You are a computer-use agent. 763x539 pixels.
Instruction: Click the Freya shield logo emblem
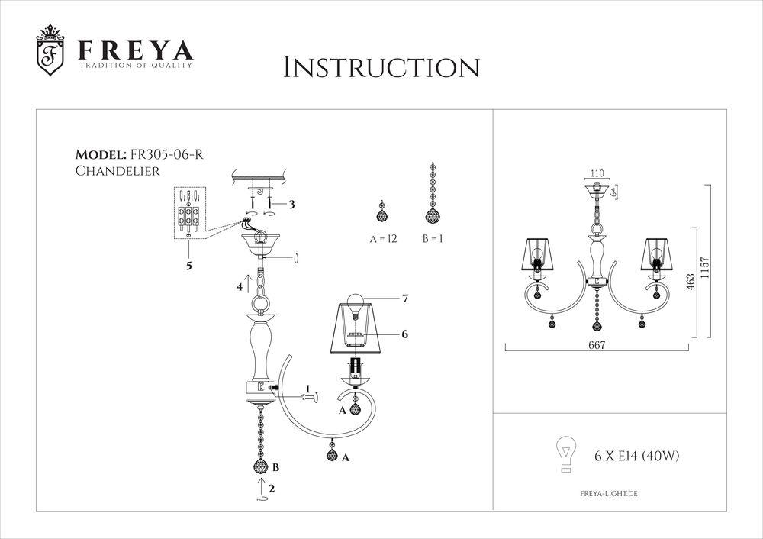click(x=51, y=54)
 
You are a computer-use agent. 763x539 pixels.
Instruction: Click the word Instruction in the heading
click(x=381, y=67)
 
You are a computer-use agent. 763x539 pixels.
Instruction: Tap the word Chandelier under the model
click(x=118, y=171)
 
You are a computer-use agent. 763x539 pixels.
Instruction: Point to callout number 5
click(x=188, y=266)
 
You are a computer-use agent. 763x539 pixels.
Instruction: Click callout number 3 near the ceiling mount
click(x=291, y=205)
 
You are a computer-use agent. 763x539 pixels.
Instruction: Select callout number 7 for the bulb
click(x=405, y=300)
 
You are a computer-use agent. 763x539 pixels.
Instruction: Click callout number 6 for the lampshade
click(x=406, y=334)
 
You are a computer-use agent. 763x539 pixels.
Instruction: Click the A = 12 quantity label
click(x=384, y=239)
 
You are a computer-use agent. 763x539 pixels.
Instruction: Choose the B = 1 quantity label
click(x=433, y=239)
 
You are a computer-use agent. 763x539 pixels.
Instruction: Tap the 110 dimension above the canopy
click(x=597, y=174)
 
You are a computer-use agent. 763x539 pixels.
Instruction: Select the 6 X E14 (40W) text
click(x=636, y=456)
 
